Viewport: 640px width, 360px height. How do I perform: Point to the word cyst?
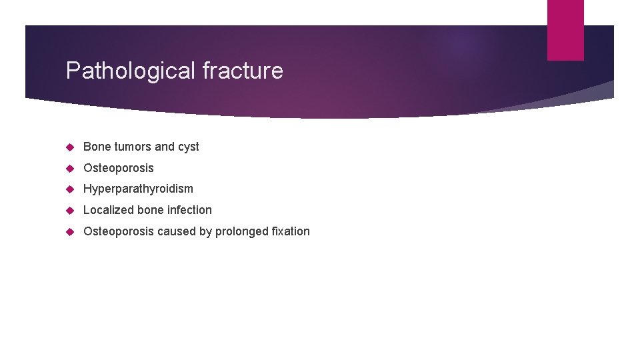188,147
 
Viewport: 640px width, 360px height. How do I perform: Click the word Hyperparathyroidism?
138,189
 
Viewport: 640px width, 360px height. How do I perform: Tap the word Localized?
109,210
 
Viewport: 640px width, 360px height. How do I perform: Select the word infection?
189,210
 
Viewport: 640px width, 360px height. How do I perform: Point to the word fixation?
293,231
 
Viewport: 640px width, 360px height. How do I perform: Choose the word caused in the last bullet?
175,231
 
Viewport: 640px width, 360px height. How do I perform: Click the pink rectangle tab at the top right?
565,30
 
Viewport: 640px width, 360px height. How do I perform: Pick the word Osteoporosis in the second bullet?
118,168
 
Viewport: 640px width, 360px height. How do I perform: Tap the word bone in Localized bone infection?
151,210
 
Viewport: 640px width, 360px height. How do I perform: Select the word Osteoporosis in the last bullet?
118,231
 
